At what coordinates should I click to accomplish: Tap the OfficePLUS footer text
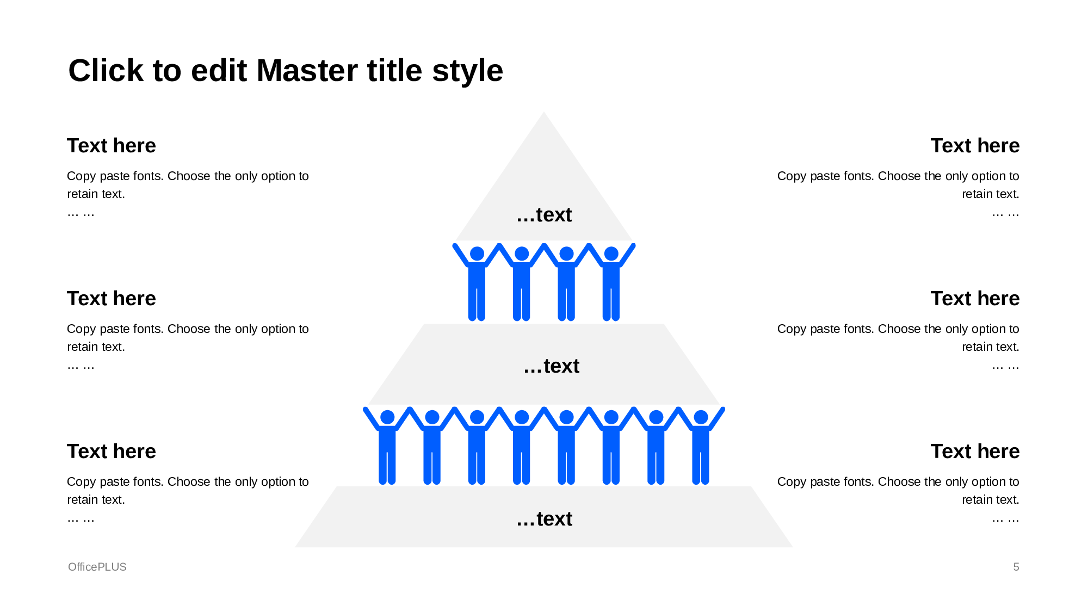[x=97, y=567]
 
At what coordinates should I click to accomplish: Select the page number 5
[x=1016, y=567]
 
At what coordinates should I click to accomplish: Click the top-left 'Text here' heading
[x=111, y=146]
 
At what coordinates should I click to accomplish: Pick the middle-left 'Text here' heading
[x=111, y=299]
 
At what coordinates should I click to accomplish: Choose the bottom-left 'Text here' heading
[x=111, y=452]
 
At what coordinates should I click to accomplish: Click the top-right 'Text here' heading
[x=975, y=146]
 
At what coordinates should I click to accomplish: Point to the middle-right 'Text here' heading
[x=975, y=299]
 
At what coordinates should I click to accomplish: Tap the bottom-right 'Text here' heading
[x=975, y=452]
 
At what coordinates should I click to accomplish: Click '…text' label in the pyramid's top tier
[x=544, y=215]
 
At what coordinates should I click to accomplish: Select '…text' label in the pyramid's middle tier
[x=551, y=366]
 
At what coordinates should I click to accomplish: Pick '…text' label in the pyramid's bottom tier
[x=544, y=519]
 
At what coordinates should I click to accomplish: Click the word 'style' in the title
[x=467, y=71]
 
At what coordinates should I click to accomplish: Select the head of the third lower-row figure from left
[x=477, y=417]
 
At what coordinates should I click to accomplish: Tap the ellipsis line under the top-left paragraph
[x=81, y=213]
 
